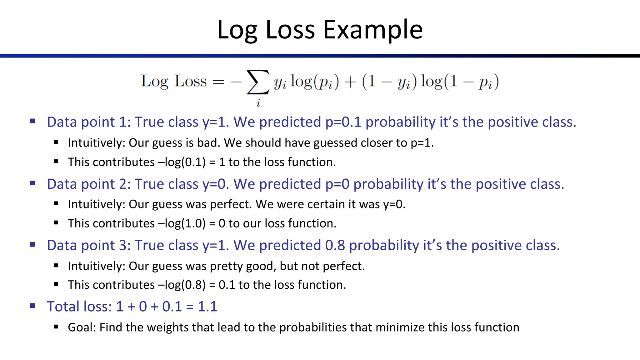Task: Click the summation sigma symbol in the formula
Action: [258, 82]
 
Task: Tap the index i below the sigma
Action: [258, 103]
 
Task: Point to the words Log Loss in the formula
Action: [174, 81]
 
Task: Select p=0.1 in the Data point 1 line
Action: [343, 122]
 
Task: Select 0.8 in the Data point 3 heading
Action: [335, 245]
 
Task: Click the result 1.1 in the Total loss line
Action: [207, 307]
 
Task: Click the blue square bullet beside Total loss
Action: [32, 306]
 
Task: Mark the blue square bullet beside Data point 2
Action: [32, 183]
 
